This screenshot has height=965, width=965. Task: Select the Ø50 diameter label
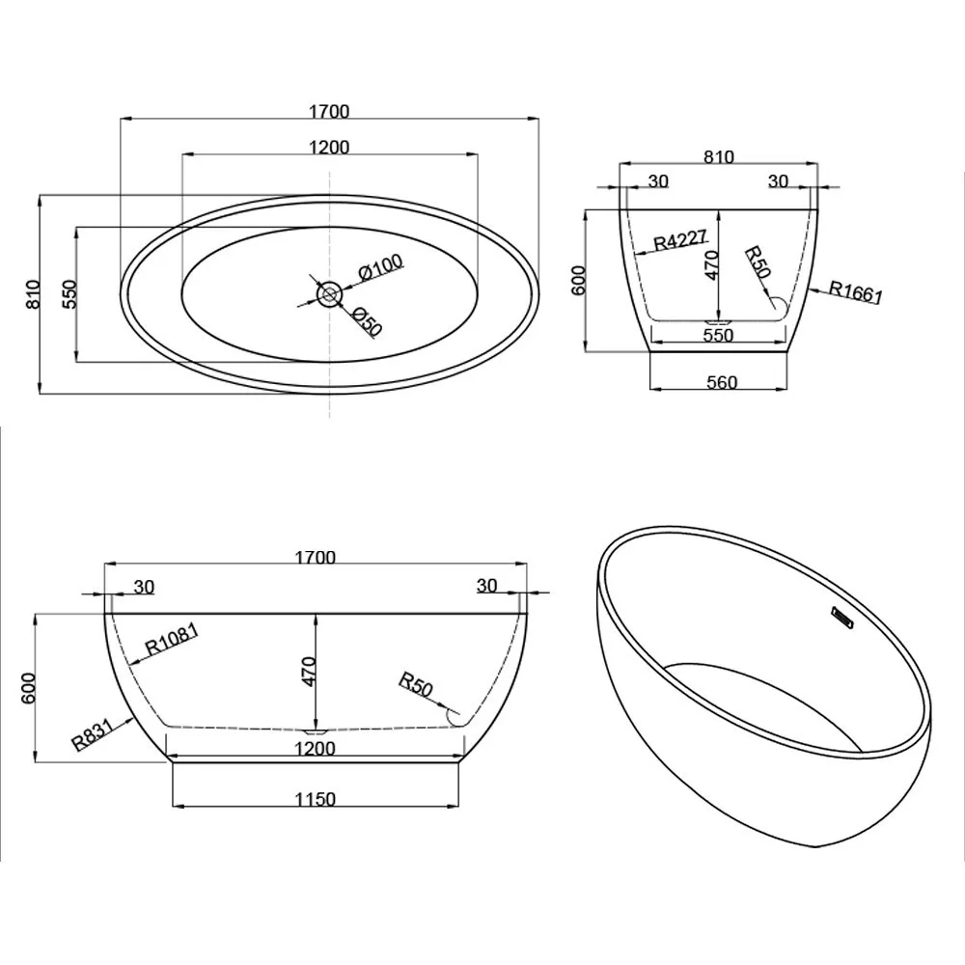[368, 322]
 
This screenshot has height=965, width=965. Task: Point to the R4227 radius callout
[680, 239]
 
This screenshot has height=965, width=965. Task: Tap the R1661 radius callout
[856, 291]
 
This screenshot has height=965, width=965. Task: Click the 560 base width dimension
[721, 383]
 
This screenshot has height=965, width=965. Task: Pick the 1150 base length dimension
[316, 799]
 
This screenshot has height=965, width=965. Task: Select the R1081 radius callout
[171, 640]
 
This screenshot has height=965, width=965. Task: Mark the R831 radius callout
[93, 734]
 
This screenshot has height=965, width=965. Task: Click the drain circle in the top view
[329, 294]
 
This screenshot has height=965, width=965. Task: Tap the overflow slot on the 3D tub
[841, 617]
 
